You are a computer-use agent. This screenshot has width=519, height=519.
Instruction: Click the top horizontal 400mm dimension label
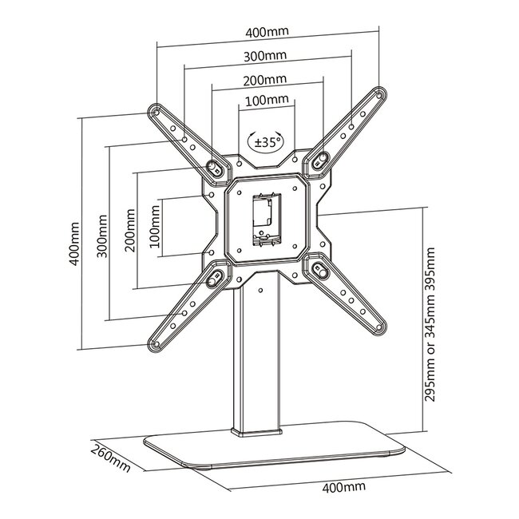tap(267, 32)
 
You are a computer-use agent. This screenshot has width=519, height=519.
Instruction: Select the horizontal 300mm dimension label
tap(265, 56)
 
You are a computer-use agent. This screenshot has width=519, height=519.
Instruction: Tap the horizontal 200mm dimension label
tap(265, 80)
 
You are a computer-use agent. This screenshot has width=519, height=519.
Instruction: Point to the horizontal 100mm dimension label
tap(267, 99)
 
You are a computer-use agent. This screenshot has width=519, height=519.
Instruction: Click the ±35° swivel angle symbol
tap(265, 142)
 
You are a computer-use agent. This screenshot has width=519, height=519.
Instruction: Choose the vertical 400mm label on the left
tap(74, 244)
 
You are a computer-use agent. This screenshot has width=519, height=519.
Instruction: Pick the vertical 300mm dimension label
tap(102, 236)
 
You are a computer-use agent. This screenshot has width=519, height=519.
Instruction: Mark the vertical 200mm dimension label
tap(129, 231)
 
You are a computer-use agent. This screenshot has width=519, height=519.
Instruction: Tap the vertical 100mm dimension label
tap(155, 227)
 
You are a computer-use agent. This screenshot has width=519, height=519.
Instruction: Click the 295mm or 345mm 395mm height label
tap(430, 325)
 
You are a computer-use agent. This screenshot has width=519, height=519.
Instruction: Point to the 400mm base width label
tap(344, 487)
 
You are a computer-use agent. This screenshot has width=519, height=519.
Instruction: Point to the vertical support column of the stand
tap(257, 358)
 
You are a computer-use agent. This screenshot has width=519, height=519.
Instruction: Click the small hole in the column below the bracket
tap(261, 291)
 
